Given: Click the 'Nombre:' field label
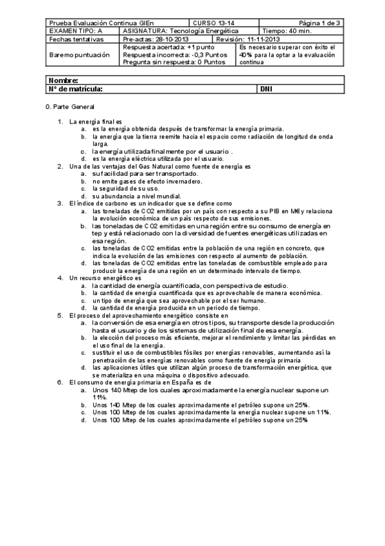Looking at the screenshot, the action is (x=63, y=80).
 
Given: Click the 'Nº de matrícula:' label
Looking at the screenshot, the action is (x=75, y=89).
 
